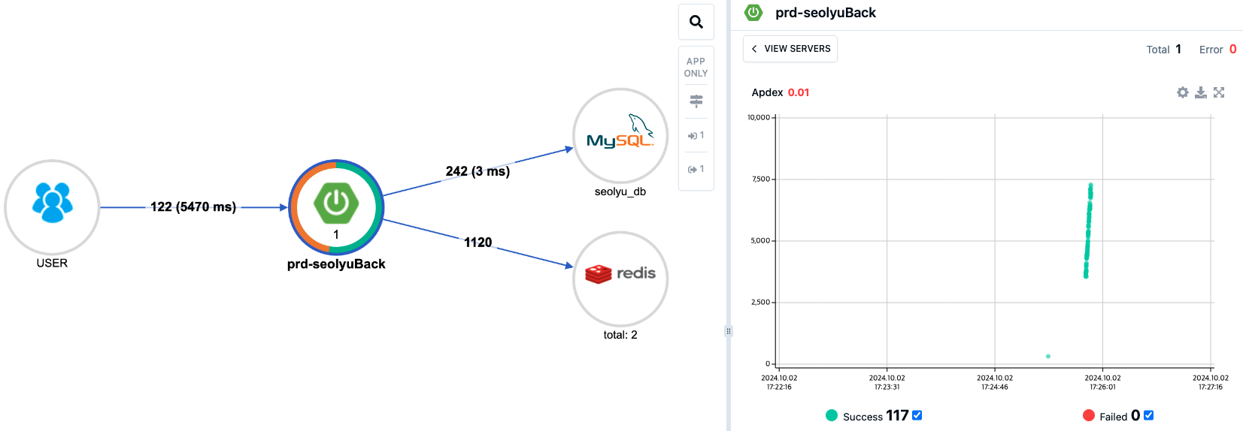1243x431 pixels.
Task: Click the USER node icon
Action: point(52,203)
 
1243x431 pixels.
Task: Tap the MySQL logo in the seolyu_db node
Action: point(620,134)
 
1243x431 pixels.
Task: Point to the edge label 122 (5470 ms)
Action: point(193,206)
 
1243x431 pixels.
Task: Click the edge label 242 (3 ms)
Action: point(477,171)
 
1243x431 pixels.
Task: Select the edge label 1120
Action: point(477,243)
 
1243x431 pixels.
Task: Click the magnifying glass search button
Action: point(696,22)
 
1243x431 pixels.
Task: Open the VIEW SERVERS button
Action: point(790,49)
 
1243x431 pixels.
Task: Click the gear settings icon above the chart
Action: point(1183,92)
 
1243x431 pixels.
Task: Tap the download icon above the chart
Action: point(1201,92)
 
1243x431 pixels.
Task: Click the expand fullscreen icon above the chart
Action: point(1219,92)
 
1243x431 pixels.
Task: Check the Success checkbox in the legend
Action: point(917,415)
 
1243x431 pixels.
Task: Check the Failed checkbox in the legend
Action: point(1149,415)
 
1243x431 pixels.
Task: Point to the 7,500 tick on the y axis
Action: point(761,179)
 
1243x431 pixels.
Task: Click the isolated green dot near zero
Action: point(1048,356)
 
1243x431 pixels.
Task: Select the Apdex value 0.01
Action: point(799,92)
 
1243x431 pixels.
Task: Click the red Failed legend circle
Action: point(1089,415)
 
